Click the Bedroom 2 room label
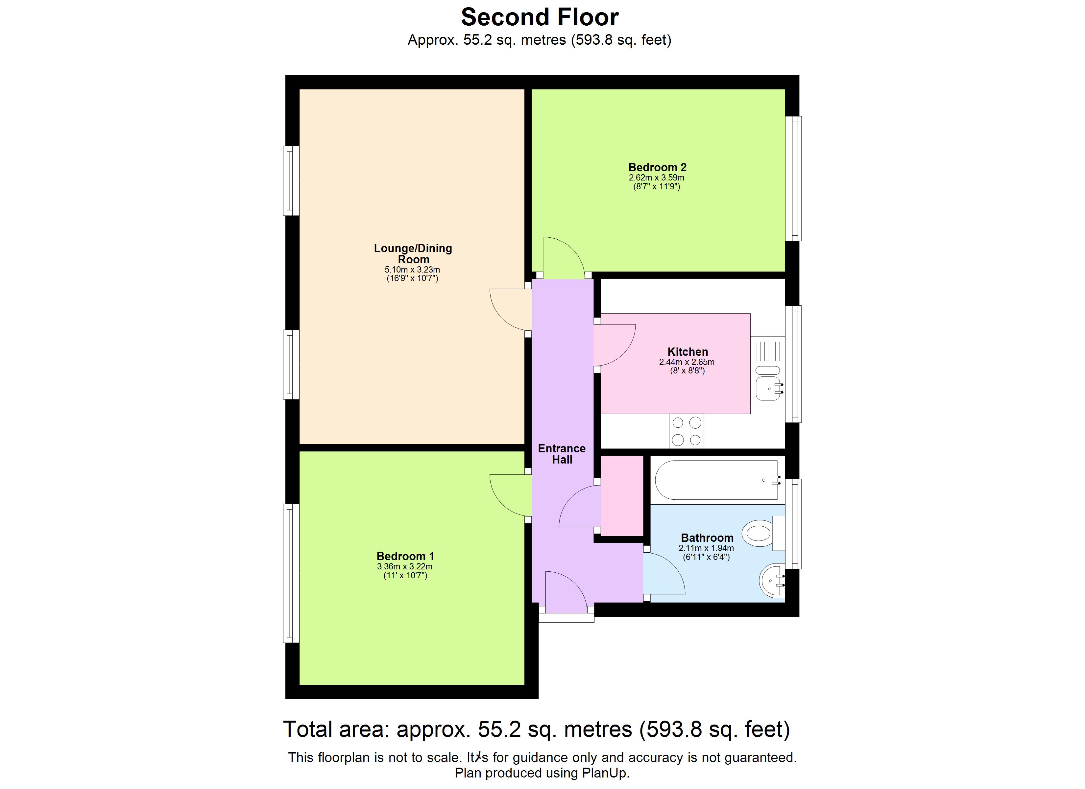[x=657, y=167]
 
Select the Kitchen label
[x=687, y=352]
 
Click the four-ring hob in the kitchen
[x=687, y=431]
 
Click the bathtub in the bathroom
[x=716, y=480]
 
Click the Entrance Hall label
[x=562, y=454]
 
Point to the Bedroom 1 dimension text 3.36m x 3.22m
[x=405, y=566]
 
